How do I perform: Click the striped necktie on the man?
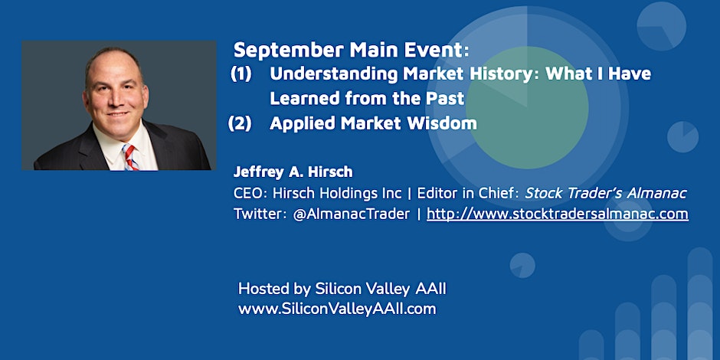pos(130,157)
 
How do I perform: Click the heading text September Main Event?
pos(352,51)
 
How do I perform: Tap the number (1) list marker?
pos(241,74)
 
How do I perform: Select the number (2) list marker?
pos(241,123)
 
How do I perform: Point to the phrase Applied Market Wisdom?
pos(373,123)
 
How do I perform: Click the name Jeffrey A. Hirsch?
pos(293,172)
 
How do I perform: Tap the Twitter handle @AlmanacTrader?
pos(352,214)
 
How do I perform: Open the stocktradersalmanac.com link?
pos(558,214)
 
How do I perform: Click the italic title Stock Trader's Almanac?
pos(606,193)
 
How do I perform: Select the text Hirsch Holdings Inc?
pos(337,194)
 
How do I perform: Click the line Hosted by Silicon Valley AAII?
pos(342,290)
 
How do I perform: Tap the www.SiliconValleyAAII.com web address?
pos(337,309)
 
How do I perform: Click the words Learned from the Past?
pos(368,99)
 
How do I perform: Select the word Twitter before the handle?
pos(260,214)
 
